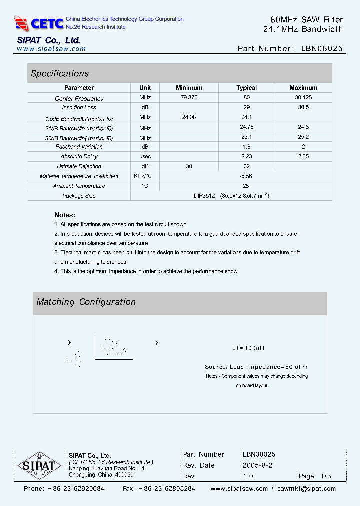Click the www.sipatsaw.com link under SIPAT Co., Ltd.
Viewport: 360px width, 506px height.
51,49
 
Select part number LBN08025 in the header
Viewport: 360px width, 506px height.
322,48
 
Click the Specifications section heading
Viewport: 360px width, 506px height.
60,73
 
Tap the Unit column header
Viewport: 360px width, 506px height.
145,88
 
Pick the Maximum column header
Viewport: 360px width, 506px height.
303,88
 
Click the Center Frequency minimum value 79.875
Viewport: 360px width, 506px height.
189,98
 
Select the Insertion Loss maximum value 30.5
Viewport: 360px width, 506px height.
303,107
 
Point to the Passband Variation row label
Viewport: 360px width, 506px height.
79,147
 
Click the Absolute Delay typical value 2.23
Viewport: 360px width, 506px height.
246,156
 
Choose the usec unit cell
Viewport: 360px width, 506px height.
145,156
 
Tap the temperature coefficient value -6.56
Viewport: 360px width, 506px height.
246,176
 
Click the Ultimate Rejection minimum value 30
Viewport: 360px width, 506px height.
189,166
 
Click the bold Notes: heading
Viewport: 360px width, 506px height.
65,215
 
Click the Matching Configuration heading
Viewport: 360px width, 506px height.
86,302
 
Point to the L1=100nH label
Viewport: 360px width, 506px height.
248,348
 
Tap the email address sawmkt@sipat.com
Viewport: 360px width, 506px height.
306,488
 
